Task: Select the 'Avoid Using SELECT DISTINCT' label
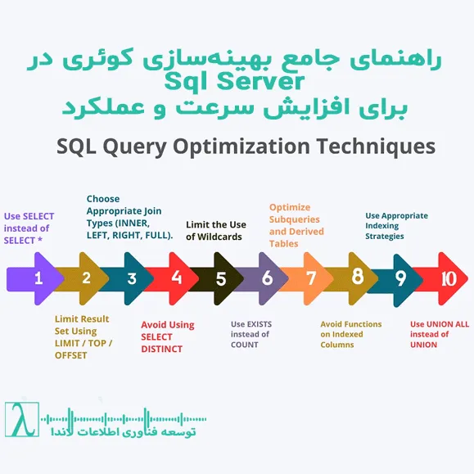click(x=167, y=336)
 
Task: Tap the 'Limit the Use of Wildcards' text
click(x=216, y=231)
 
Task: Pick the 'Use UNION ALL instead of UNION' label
click(x=439, y=334)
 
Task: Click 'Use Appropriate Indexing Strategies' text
click(x=396, y=226)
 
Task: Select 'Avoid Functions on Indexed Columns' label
click(x=350, y=334)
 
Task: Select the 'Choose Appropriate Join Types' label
click(x=129, y=217)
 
